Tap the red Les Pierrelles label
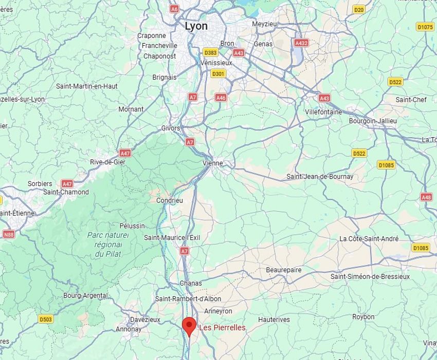click(x=222, y=328)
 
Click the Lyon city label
click(x=196, y=26)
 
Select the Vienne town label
click(x=213, y=163)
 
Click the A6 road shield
click(x=174, y=9)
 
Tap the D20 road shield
click(x=359, y=9)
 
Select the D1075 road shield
click(x=425, y=27)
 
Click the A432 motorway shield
click(x=301, y=43)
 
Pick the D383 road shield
click(x=210, y=52)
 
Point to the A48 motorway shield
click(x=426, y=197)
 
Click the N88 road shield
click(x=9, y=234)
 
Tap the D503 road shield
click(x=46, y=319)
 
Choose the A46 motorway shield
click(x=221, y=97)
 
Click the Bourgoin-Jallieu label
click(x=373, y=121)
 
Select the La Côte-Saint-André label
click(x=369, y=239)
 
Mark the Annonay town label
click(x=129, y=329)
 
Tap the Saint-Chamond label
click(x=66, y=192)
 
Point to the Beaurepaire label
click(x=284, y=270)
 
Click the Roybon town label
click(x=363, y=317)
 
